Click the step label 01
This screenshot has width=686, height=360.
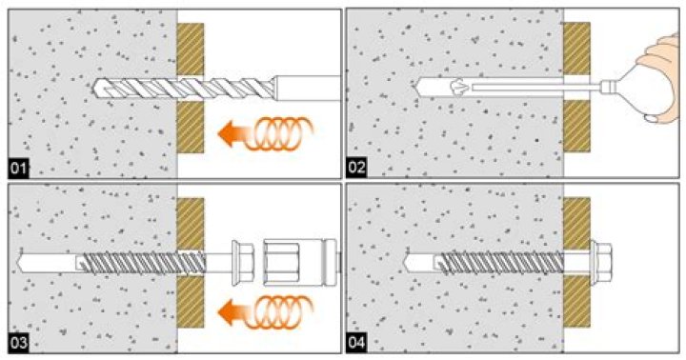click(x=18, y=169)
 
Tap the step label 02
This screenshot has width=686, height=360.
click(x=356, y=168)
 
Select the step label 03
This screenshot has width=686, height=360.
click(x=18, y=343)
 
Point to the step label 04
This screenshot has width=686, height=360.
click(x=356, y=343)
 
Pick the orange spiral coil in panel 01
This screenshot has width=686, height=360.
click(x=279, y=133)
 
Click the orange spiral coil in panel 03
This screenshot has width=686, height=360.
click(x=279, y=311)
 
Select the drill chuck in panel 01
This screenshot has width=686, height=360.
click(x=306, y=88)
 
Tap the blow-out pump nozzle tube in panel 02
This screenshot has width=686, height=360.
click(x=535, y=88)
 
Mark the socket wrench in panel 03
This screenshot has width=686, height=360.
click(x=300, y=263)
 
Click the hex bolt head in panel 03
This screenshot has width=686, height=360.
click(x=242, y=263)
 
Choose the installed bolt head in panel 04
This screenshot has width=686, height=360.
click(x=600, y=262)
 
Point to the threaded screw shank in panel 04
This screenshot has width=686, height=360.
click(x=502, y=263)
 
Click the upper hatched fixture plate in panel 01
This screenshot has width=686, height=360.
click(x=191, y=49)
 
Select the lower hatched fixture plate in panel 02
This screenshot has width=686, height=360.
click(x=576, y=126)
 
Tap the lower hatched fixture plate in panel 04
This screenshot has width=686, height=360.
click(x=576, y=302)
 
